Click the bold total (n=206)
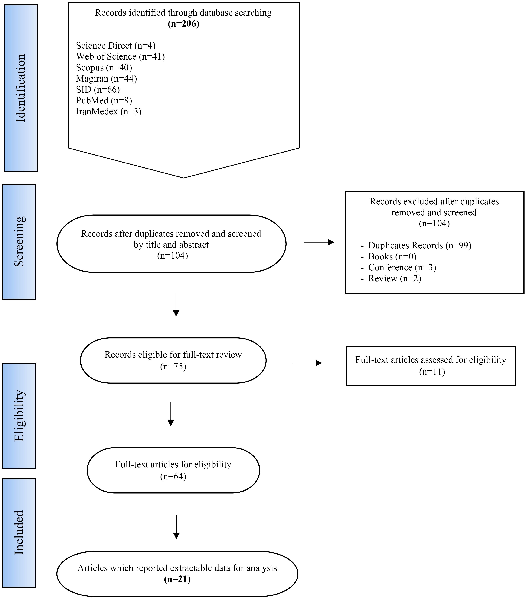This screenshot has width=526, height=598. point(183,24)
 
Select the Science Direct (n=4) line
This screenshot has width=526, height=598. point(116,46)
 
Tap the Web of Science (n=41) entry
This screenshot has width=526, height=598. point(121,56)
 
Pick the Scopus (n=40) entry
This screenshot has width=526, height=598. point(104,68)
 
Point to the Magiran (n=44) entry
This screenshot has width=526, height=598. point(106,78)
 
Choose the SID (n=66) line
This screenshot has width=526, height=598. point(98,90)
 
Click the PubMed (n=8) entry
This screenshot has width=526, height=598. point(104,100)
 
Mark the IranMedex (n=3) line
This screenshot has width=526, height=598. point(109,111)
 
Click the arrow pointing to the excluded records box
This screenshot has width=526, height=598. point(319,242)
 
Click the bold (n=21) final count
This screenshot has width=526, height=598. point(177,579)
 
